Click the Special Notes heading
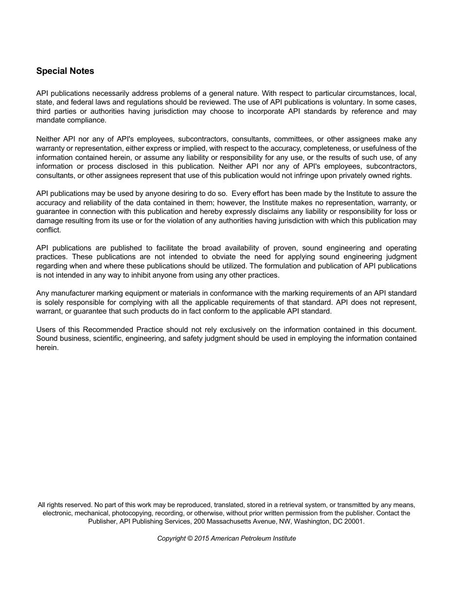(65, 71)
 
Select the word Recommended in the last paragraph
(107, 330)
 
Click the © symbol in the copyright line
(190, 539)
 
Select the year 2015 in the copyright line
(201, 539)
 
